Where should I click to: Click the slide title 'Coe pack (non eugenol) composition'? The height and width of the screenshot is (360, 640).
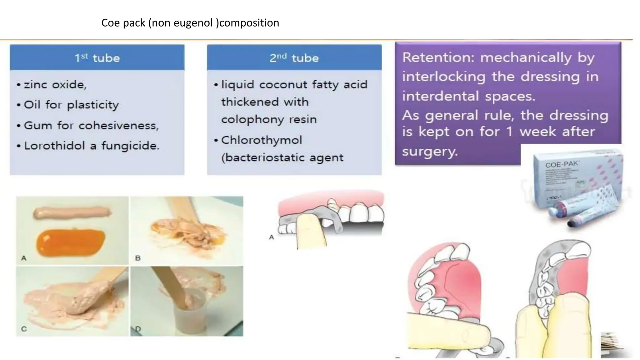(190, 23)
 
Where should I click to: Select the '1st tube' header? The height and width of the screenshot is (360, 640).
(97, 58)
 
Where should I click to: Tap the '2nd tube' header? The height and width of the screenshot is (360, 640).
(294, 58)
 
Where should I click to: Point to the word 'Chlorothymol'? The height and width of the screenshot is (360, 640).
(262, 140)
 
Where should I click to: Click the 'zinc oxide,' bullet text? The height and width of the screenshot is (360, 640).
(55, 84)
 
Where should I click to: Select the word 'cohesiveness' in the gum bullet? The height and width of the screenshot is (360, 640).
(118, 125)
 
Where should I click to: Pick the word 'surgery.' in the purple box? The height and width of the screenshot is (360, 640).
(430, 152)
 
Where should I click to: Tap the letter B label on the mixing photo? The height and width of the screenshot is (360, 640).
(138, 258)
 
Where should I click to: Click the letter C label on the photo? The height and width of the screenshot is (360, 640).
(24, 329)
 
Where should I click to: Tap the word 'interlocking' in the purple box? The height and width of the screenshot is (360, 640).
(444, 77)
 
